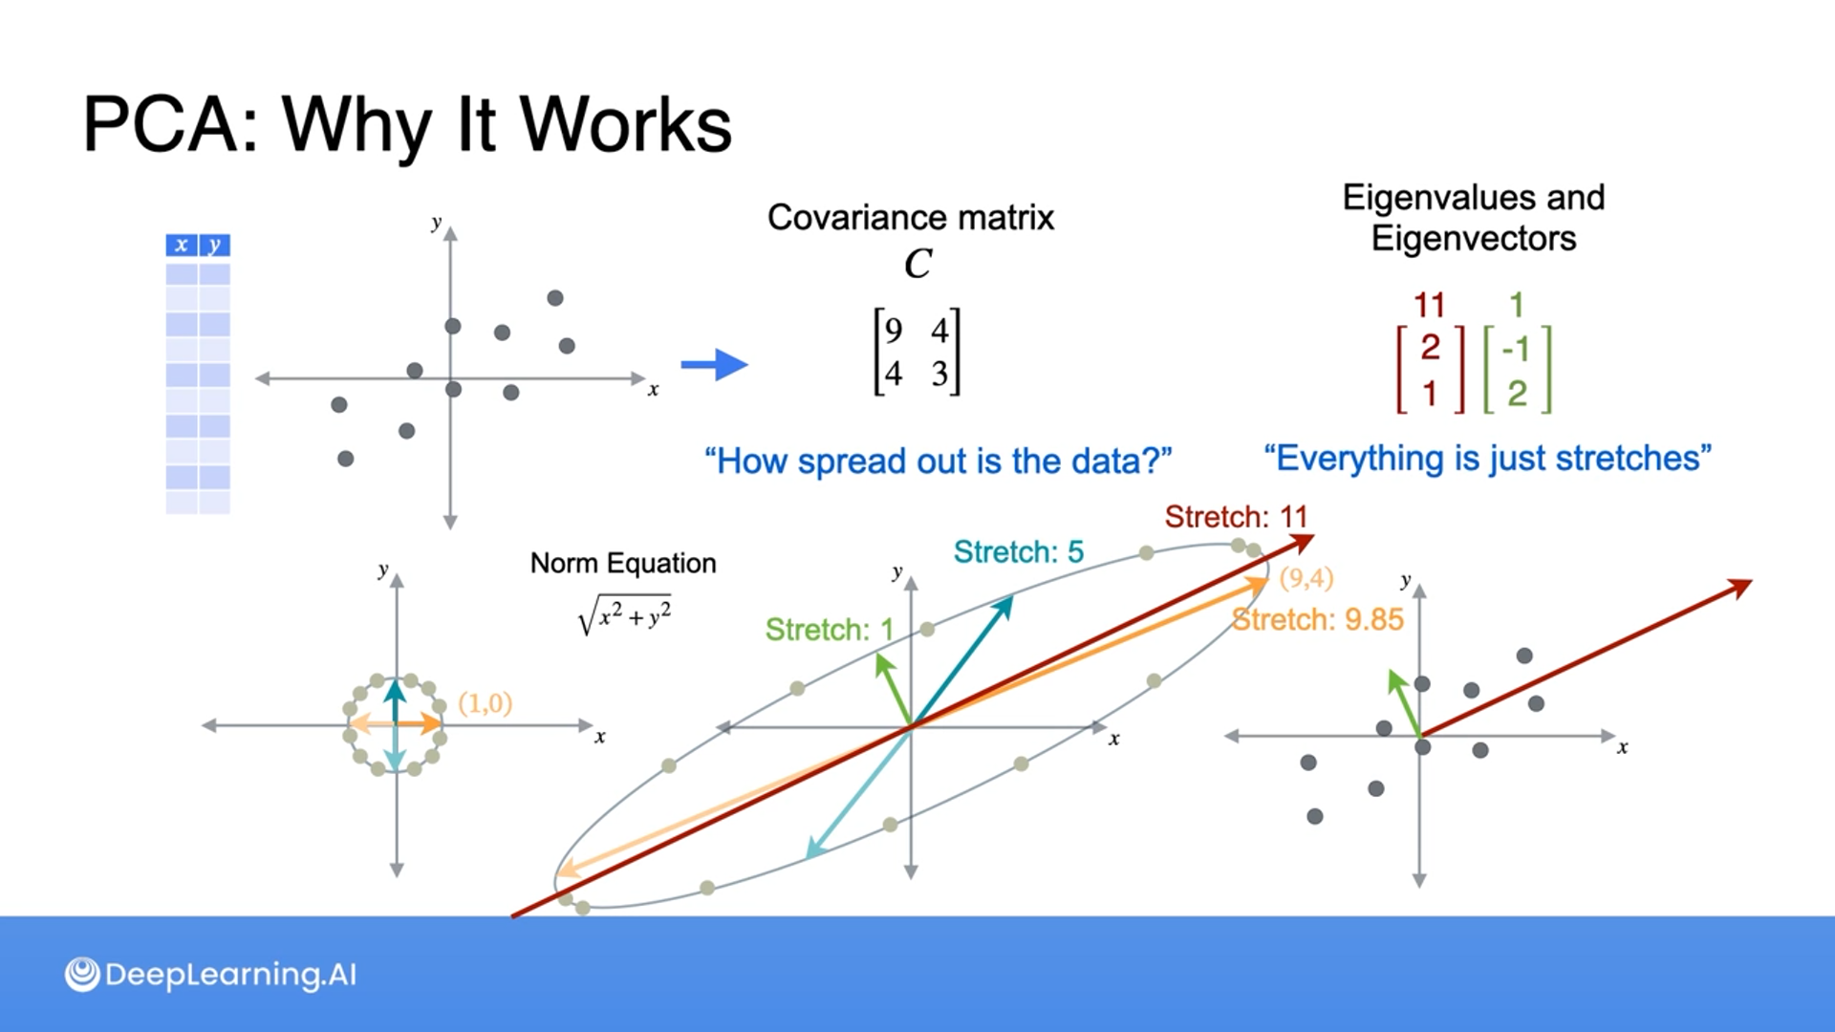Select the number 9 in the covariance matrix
[x=894, y=331]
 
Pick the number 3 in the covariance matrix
[x=939, y=374]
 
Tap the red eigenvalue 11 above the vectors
[x=1429, y=306]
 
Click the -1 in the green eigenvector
[x=1516, y=349]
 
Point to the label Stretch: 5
[x=1018, y=552]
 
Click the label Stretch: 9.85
[x=1318, y=620]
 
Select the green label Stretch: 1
[x=829, y=630]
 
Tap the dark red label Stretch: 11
[x=1235, y=518]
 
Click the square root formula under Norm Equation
[x=625, y=616]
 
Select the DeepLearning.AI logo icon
[x=82, y=975]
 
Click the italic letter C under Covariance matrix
[x=917, y=264]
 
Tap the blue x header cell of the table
[x=181, y=246]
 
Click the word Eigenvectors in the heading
[x=1473, y=239]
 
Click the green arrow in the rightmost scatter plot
[x=1403, y=701]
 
